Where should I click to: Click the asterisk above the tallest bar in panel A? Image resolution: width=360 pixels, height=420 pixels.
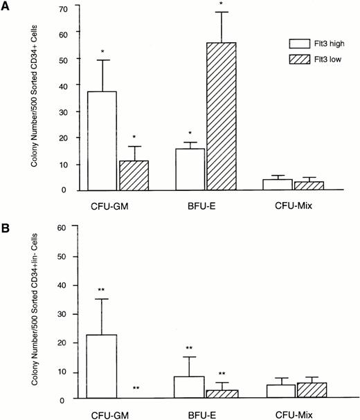(x=221, y=4)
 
